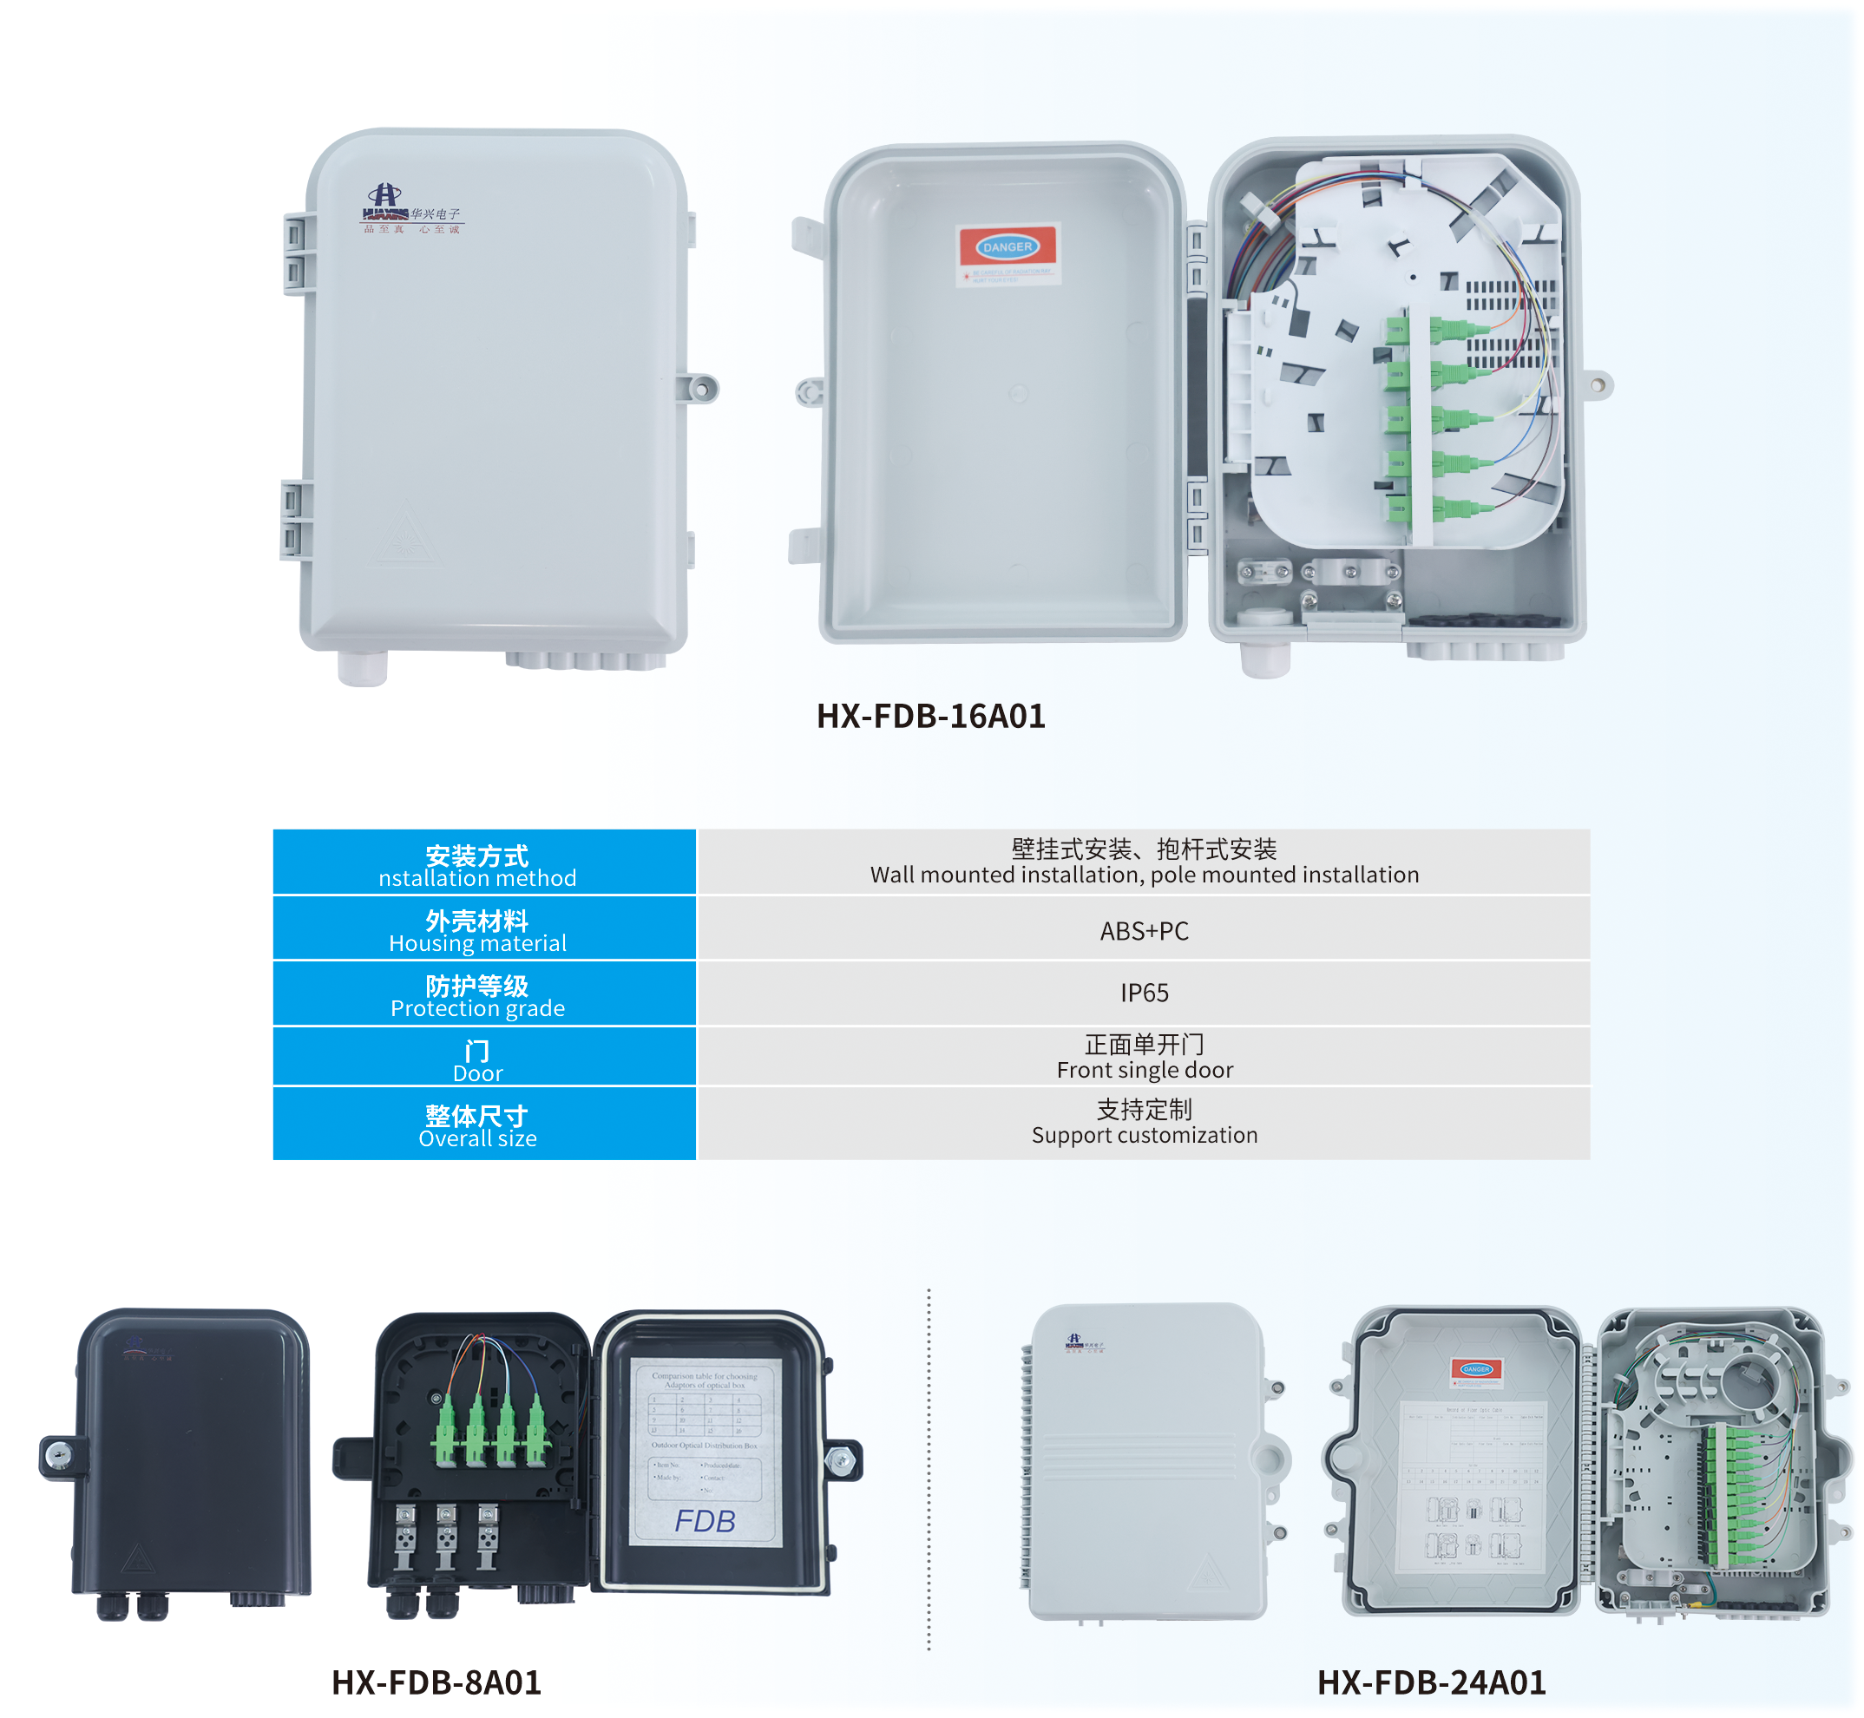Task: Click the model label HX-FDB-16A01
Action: [930, 717]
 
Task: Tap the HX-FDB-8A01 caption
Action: [436, 1682]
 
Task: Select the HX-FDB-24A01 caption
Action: [1432, 1682]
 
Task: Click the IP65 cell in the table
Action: [1144, 993]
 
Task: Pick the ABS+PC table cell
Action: [1144, 930]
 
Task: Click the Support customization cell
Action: [1144, 1123]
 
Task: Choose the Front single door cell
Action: [1144, 1058]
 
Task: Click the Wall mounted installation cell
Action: [1144, 862]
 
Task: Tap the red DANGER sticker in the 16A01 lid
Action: [1007, 249]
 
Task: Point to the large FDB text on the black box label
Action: [705, 1522]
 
